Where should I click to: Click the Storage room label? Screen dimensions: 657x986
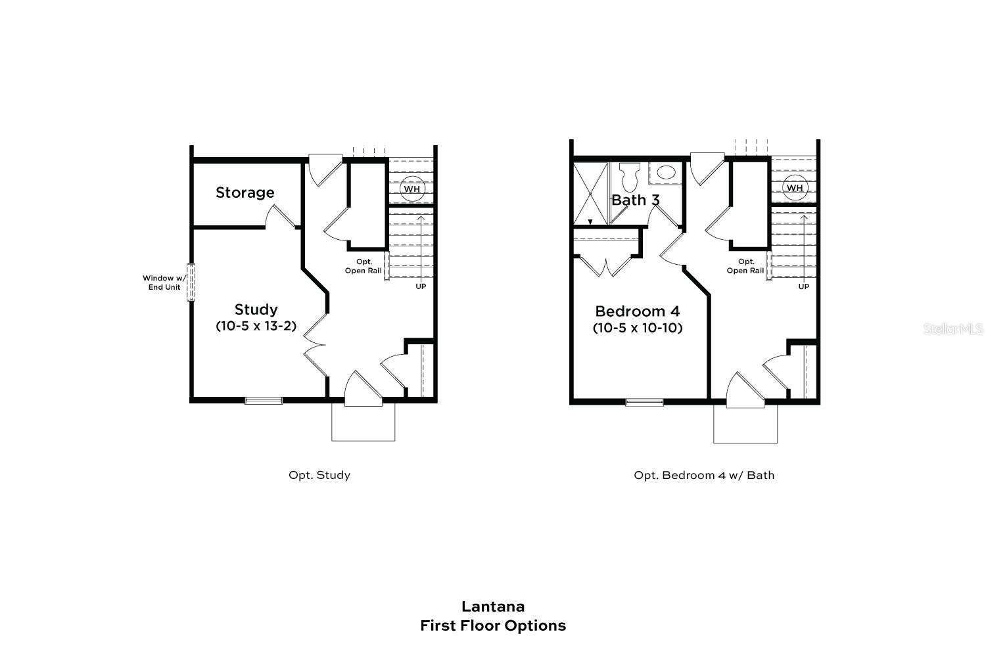245,193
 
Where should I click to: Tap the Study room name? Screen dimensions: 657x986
256,309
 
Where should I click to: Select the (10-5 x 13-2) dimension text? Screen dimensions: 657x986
256,326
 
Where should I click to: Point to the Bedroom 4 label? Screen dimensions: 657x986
638,311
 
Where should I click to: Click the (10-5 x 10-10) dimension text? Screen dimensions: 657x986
638,327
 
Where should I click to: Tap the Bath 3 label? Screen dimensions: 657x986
636,200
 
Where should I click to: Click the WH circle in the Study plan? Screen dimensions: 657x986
411,189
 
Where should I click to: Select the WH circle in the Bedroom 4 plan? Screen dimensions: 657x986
795,188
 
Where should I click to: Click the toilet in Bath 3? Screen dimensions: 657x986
630,176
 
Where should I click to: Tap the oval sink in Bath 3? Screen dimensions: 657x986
666,173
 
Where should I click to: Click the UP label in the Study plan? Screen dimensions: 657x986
421,286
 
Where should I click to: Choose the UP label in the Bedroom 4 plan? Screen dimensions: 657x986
803,286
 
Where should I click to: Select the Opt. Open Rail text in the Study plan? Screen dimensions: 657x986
363,266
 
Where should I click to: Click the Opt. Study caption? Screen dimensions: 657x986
319,475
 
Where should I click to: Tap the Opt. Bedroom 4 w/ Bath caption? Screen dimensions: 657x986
704,475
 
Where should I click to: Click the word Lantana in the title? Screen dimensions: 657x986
493,606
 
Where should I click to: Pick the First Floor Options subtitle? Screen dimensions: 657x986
493,625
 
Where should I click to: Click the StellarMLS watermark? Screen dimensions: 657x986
952,328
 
